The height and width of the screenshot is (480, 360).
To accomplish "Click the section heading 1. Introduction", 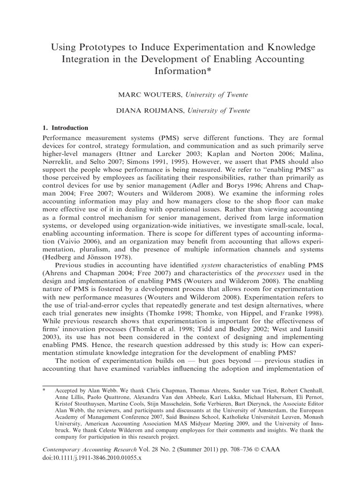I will point(65,127).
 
